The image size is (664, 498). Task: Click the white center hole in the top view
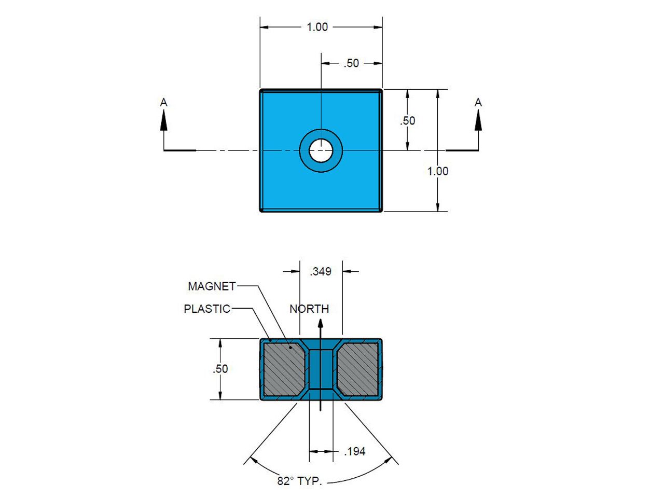click(321, 150)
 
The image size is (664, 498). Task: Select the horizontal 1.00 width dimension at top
click(317, 27)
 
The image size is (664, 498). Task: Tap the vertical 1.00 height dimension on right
click(437, 171)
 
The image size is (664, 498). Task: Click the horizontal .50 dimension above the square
click(351, 63)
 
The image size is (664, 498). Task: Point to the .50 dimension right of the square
click(408, 120)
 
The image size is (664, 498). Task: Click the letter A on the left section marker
click(164, 103)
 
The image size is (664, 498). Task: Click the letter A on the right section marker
click(478, 103)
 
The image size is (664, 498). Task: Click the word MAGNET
click(212, 286)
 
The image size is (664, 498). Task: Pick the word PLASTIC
click(207, 309)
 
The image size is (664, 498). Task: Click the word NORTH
click(309, 309)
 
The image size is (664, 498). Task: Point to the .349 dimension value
click(321, 271)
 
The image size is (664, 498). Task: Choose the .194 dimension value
click(355, 452)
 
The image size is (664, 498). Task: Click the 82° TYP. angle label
click(299, 481)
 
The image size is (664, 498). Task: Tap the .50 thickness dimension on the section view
click(220, 369)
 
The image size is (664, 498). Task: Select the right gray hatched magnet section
click(357, 369)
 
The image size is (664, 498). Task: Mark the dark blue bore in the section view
click(321, 369)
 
